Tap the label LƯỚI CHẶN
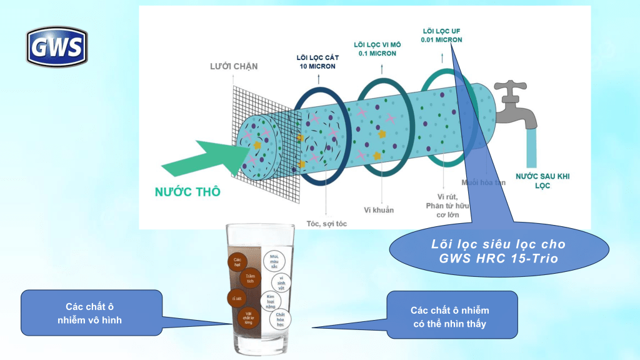[x=233, y=66]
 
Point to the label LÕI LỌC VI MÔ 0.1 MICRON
[x=379, y=49]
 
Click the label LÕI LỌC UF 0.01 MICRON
[x=441, y=35]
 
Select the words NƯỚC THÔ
[x=187, y=192]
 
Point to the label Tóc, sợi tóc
[x=326, y=223]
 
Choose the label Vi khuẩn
[x=379, y=210]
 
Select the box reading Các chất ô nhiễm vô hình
[x=94, y=312]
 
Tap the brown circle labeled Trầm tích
[x=250, y=277]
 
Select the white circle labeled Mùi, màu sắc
[x=274, y=260]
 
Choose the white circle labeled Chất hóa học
[x=280, y=320]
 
